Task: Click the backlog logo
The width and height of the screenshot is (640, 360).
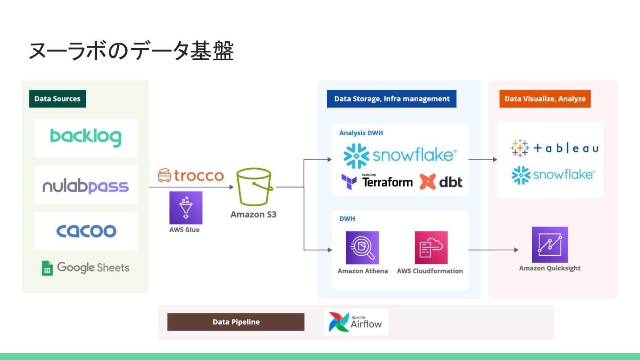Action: click(86, 138)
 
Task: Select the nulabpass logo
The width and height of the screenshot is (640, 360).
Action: click(86, 186)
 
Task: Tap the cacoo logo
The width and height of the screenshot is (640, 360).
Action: click(86, 231)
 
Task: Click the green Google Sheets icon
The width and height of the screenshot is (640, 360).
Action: click(47, 268)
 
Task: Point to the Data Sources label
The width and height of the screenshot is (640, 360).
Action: click(57, 99)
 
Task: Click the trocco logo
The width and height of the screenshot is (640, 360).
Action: click(191, 176)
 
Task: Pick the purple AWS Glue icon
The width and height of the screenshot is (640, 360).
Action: click(186, 208)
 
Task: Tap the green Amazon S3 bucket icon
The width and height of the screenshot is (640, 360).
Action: click(254, 187)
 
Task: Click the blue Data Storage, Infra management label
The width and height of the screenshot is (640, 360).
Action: click(392, 99)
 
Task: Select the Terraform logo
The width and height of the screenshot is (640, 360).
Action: click(377, 181)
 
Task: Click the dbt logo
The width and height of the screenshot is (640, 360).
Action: click(441, 181)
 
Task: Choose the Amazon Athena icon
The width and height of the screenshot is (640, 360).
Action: click(362, 248)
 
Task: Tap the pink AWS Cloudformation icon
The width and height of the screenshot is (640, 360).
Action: click(431, 248)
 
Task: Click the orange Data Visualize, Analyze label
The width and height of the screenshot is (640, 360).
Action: click(545, 99)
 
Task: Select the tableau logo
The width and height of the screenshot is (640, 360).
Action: click(554, 148)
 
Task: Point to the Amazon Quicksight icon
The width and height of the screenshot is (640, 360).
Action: click(550, 245)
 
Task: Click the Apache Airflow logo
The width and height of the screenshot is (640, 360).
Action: click(356, 322)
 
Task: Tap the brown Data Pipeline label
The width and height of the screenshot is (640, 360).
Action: click(236, 322)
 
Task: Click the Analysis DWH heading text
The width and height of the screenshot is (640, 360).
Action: click(361, 133)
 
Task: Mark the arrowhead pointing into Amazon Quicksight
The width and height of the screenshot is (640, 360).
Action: click(516, 250)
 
